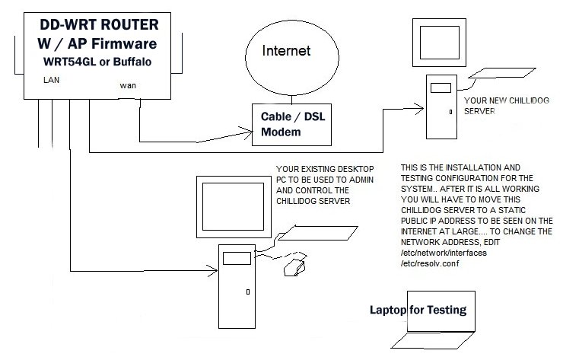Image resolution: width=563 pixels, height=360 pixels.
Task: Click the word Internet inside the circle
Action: coord(286,52)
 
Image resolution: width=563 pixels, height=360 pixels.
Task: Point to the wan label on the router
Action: coord(128,85)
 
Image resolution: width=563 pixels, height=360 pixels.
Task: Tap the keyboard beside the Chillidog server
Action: coord(498,75)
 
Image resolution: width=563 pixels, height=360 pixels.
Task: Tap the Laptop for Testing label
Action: coord(417,311)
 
